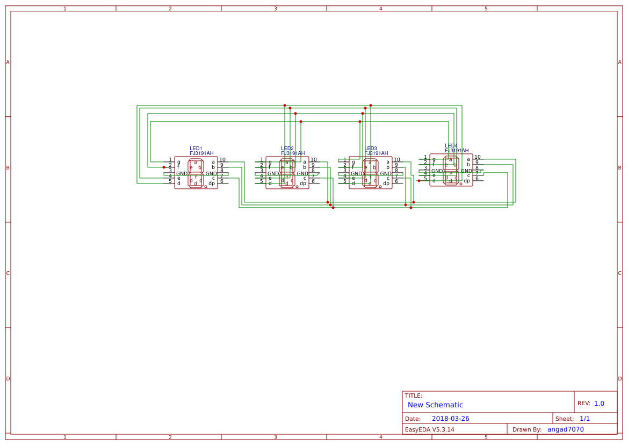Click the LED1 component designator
(196, 149)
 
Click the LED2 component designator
(287, 149)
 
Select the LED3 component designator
(370, 149)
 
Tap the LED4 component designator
(451, 146)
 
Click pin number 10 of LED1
(222, 160)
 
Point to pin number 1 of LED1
(170, 160)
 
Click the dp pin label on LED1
(212, 183)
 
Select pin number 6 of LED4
(477, 179)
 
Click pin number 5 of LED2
(262, 181)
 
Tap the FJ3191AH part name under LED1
(201, 153)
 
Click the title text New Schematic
(435, 405)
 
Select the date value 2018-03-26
(450, 419)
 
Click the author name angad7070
(565, 429)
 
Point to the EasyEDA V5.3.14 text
(429, 429)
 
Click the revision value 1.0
(599, 404)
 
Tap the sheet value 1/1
(584, 419)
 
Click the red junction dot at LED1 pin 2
(164, 167)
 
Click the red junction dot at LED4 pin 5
(419, 181)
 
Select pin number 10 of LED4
(477, 157)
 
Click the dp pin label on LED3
(386, 183)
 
